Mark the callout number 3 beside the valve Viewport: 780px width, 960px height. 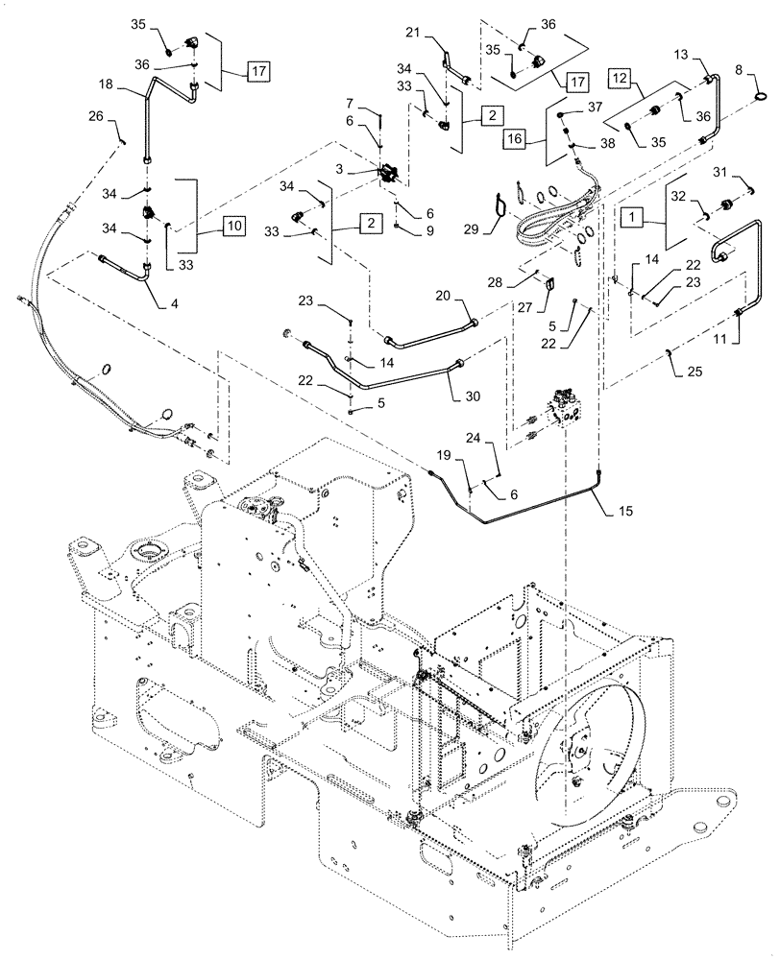point(366,169)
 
